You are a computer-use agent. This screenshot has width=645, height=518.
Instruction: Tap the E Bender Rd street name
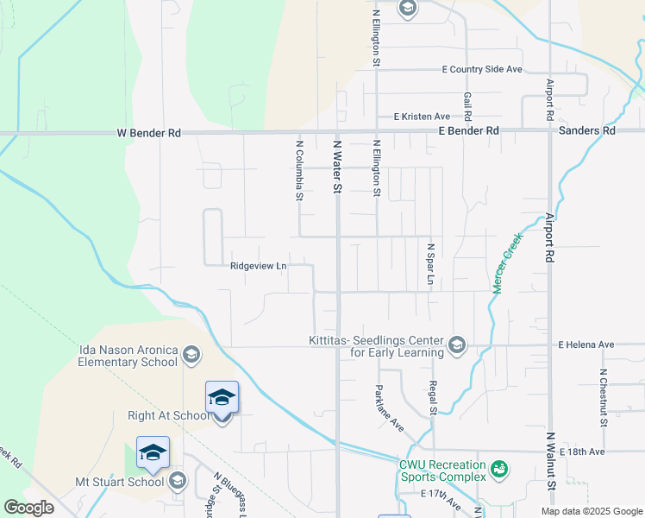[x=468, y=130]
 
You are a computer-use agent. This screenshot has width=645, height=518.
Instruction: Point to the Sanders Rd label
[x=587, y=130]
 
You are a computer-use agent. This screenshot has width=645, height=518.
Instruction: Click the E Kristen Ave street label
[x=422, y=117]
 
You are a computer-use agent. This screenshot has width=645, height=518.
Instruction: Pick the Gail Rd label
[x=467, y=107]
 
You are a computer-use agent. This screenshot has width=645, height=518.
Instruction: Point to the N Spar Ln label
[x=429, y=264]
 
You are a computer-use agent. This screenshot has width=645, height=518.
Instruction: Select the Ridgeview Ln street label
[x=258, y=266]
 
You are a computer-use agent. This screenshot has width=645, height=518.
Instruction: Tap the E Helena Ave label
[x=586, y=344]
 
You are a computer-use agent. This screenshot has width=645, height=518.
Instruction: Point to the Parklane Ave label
[x=389, y=408]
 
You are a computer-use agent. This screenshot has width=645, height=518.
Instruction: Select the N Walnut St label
[x=550, y=462]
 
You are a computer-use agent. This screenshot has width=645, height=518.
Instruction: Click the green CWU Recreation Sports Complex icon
[x=498, y=470]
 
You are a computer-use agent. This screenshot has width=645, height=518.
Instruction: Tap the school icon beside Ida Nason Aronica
[x=191, y=355]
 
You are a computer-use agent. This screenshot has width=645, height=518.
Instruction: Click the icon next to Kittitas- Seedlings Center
[x=456, y=346]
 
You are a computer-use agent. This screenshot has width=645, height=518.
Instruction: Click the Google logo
[x=29, y=509]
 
